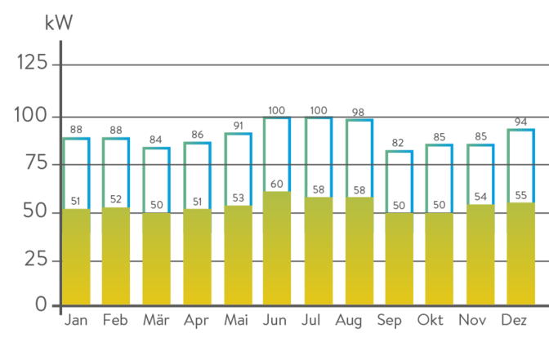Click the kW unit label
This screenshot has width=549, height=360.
coord(59,22)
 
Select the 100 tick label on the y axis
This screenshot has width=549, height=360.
coord(33,116)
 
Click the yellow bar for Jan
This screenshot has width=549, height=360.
coord(77,257)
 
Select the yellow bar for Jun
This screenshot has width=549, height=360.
coord(277,249)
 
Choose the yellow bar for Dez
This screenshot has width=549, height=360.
coord(520,255)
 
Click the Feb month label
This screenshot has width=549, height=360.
coord(116,320)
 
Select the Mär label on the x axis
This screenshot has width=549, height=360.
coord(156,320)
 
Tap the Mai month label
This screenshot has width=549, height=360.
coord(237,320)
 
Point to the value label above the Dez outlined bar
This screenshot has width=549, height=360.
coord(520,122)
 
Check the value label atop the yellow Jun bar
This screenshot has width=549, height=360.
coord(277,184)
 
